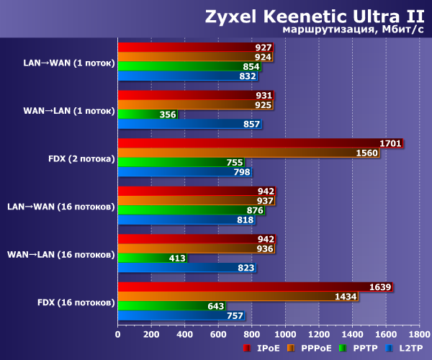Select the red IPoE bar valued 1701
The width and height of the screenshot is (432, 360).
click(x=259, y=143)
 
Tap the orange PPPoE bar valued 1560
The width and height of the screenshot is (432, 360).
click(x=248, y=152)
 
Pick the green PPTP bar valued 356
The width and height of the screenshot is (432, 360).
click(x=147, y=114)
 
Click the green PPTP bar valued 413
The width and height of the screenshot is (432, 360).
click(x=152, y=257)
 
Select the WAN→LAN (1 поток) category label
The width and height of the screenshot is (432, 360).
click(x=68, y=110)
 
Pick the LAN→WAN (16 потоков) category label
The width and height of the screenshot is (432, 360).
click(x=61, y=206)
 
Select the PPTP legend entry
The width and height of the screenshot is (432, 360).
click(x=361, y=348)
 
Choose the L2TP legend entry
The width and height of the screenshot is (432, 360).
click(x=405, y=348)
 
